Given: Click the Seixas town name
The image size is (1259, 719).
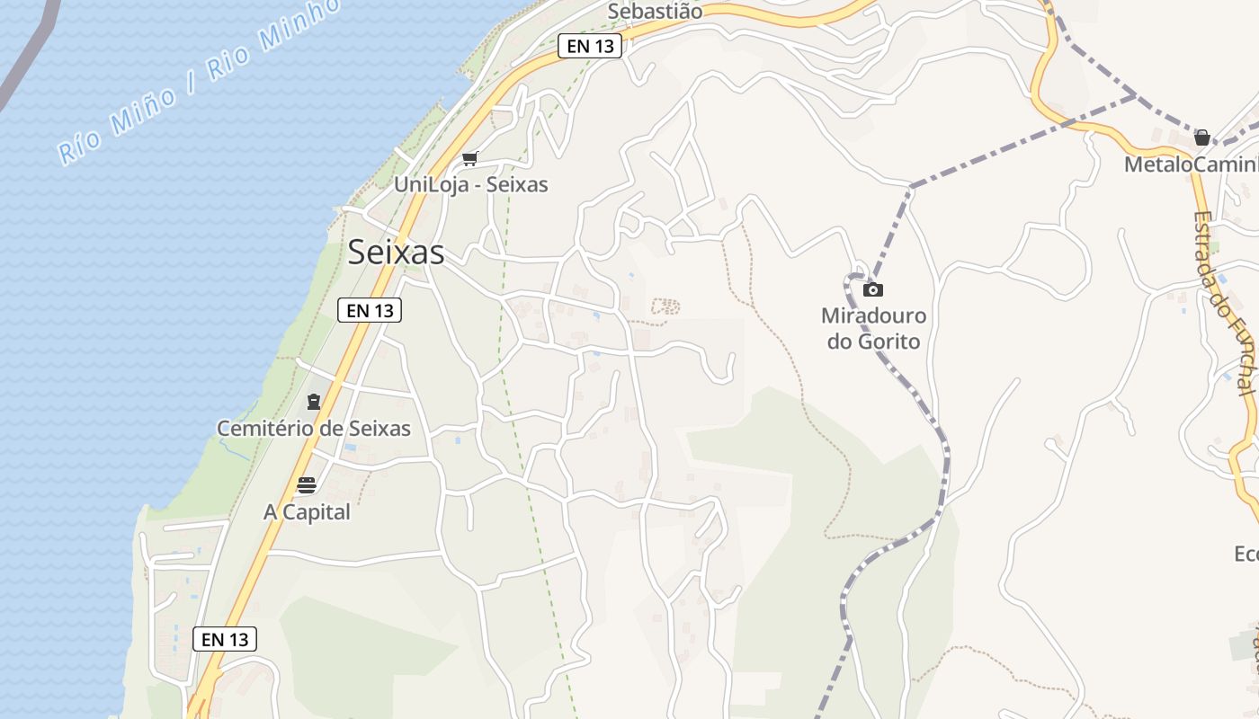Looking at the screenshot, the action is click(x=396, y=253).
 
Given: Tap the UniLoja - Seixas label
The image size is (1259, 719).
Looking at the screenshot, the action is click(x=471, y=184).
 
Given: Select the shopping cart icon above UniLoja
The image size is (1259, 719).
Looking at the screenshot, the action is click(x=469, y=159).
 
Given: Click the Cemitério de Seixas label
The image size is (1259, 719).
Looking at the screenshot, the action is click(x=314, y=429).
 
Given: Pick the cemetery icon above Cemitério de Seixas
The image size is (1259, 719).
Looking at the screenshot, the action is click(x=314, y=402).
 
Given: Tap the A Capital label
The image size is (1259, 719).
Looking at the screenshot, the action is click(x=307, y=512).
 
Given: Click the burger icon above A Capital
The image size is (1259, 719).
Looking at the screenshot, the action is click(x=307, y=486).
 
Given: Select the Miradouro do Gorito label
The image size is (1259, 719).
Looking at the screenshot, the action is click(x=873, y=329).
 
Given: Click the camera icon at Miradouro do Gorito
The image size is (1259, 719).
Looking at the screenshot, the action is click(x=872, y=289).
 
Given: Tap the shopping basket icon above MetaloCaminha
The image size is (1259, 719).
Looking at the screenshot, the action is click(x=1201, y=138).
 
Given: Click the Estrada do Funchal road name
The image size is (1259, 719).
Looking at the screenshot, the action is click(x=1224, y=302).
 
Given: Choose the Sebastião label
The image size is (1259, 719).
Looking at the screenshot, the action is click(x=655, y=12).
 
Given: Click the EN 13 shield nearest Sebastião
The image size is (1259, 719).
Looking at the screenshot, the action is click(x=590, y=46).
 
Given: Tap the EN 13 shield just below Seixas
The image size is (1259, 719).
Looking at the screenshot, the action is click(x=370, y=310).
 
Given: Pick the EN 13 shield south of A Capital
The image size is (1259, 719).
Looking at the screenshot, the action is click(x=225, y=639).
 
